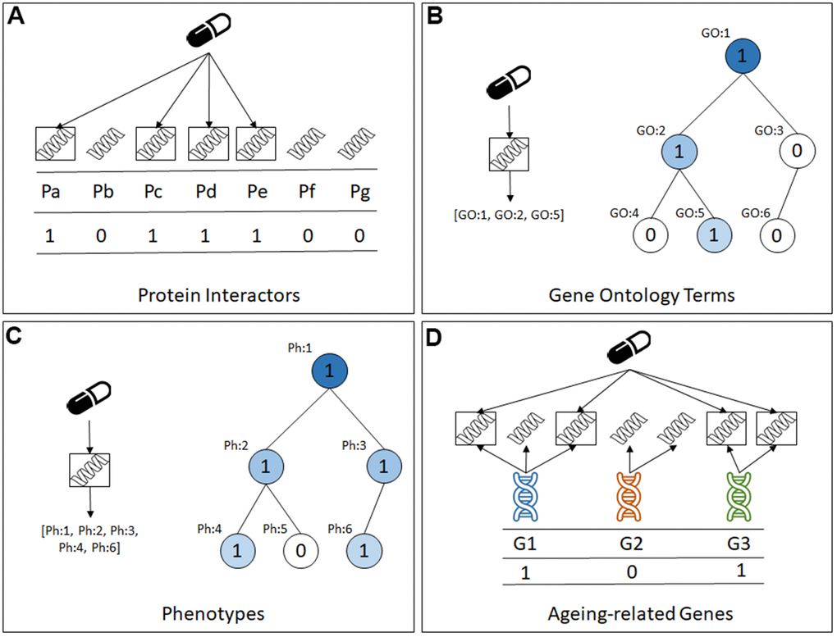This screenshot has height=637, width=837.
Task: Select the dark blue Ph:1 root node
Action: point(327,371)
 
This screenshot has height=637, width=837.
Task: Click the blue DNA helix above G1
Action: point(525,497)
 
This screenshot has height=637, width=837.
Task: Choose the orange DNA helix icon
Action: point(632,497)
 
